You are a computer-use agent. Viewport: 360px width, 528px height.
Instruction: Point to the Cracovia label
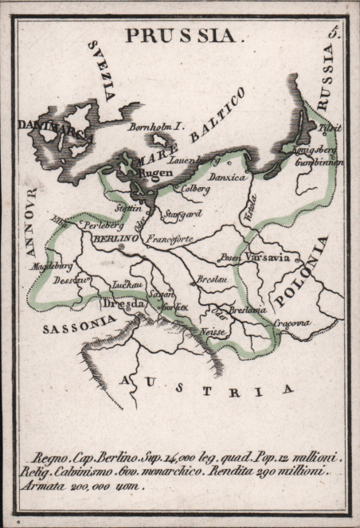(292, 323)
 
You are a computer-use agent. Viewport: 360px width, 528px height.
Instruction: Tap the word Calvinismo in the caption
(82, 471)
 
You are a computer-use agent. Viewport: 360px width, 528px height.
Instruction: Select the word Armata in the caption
(46, 485)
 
